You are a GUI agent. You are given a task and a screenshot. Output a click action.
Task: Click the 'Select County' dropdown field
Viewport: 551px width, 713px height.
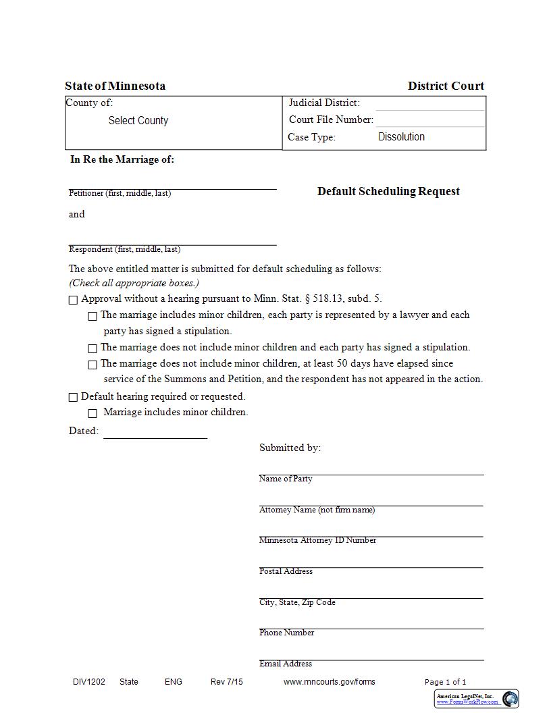[138, 121]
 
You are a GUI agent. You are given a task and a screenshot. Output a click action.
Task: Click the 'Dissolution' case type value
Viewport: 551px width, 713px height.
[401, 137]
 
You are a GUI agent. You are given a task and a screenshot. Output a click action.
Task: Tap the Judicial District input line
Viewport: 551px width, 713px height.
[429, 103]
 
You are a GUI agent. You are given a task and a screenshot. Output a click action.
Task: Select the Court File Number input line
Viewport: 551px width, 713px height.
[429, 120]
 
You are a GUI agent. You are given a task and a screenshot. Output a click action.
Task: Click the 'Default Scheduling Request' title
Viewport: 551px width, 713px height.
[388, 191]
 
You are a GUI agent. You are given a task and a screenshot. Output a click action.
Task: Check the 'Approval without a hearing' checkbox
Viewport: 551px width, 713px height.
[73, 300]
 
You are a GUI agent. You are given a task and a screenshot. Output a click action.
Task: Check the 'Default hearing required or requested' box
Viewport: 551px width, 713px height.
[73, 397]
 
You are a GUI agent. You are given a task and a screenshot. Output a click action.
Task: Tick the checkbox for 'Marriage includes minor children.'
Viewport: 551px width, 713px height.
[93, 413]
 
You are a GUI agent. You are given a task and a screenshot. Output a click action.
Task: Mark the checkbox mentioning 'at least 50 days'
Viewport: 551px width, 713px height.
[93, 365]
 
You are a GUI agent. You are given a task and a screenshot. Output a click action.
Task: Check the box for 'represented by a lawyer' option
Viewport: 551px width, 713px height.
[93, 316]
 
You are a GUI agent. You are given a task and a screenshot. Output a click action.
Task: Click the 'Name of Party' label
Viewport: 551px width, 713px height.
[286, 479]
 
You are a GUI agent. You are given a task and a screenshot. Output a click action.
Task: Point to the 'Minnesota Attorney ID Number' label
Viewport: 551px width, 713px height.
[317, 540]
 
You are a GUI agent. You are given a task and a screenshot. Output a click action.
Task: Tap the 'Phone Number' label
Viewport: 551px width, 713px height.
[286, 633]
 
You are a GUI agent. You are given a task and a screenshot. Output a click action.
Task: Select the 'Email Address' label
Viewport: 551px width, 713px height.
[286, 664]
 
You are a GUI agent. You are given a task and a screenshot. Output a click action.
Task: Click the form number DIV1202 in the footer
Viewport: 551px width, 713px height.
[89, 682]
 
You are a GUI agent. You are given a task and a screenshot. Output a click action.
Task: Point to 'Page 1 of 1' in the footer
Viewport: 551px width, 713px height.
[445, 682]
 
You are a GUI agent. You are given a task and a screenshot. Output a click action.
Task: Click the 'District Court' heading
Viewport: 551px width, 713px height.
[446, 86]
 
